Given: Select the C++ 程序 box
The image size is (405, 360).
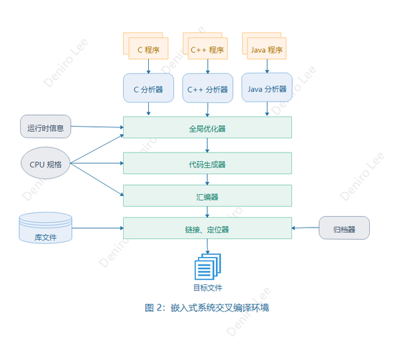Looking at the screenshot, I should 208,50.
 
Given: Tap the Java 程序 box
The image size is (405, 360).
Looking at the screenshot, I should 265,50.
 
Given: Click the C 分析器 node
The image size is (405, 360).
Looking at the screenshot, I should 149,89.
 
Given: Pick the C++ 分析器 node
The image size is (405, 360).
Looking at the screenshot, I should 207,89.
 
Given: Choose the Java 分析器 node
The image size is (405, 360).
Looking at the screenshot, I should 267,89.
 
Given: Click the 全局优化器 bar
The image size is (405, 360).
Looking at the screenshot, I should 207,128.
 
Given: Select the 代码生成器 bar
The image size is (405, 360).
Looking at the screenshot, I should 207,163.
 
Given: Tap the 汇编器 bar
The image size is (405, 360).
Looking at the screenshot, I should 207,197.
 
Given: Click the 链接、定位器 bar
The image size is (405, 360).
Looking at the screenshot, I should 207,229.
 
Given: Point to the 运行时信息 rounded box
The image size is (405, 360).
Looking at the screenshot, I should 46,128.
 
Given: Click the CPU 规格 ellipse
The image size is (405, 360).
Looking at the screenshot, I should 46,164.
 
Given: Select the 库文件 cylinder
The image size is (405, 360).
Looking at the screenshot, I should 45,228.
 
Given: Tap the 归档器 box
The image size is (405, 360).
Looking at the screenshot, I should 344,228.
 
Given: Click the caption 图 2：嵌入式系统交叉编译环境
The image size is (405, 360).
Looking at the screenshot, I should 207,307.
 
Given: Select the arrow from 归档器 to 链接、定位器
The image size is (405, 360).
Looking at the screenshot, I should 306,228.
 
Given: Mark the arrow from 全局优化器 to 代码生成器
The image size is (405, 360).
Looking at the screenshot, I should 208,145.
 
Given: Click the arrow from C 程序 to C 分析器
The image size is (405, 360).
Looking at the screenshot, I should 149,66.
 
